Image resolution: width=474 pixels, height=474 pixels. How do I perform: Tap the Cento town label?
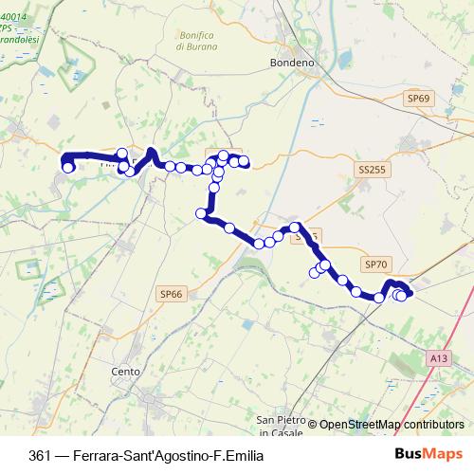125,371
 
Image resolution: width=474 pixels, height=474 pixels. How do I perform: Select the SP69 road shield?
418,98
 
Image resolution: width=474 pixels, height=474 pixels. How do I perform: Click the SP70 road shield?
376,265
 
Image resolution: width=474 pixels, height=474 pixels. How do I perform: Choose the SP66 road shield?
171,295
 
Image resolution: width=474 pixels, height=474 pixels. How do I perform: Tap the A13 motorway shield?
437,358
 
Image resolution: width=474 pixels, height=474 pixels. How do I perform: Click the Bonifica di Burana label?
197,41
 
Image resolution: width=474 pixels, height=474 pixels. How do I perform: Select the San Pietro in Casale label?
279,426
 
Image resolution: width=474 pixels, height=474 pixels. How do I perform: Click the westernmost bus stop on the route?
67,168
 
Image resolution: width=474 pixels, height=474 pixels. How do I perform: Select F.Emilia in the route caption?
231,453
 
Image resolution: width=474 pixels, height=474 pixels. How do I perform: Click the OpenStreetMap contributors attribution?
391,425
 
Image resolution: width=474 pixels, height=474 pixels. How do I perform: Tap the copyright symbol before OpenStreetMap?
312,425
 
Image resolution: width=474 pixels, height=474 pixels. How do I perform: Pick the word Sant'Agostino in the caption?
160,453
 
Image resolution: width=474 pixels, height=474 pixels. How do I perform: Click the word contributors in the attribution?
433,425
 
